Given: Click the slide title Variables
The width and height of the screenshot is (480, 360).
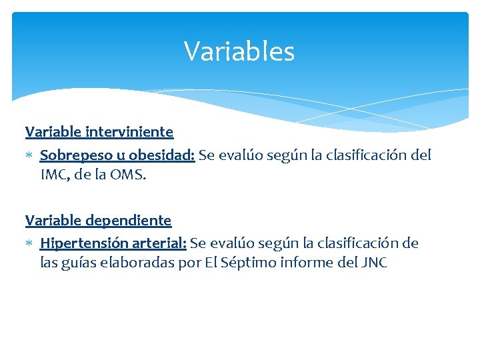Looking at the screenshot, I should click(x=239, y=51).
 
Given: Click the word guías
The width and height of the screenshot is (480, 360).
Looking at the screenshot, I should click(x=79, y=263).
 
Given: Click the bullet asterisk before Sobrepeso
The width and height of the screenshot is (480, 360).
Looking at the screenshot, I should click(x=30, y=156).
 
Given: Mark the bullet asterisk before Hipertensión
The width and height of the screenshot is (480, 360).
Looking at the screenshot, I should click(x=30, y=244).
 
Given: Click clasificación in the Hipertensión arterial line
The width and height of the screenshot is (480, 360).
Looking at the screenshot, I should click(x=361, y=243).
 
